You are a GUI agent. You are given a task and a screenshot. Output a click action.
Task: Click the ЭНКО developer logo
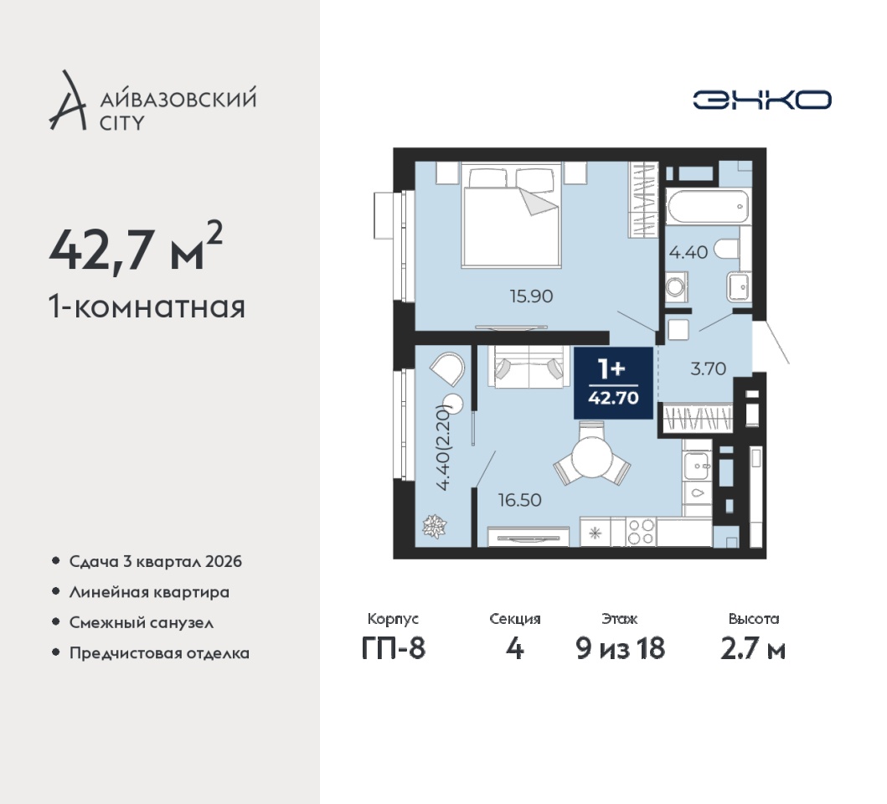(762, 100)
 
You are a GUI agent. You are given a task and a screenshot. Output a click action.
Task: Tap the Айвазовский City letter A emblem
(67, 100)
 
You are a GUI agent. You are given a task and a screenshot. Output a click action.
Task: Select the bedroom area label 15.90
(531, 296)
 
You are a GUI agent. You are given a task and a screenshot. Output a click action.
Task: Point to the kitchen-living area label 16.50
(519, 500)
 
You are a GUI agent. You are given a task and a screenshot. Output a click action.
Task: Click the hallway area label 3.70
(709, 368)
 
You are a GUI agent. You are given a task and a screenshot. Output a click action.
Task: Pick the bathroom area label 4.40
(688, 252)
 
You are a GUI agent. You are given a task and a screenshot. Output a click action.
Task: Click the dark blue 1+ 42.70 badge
(613, 383)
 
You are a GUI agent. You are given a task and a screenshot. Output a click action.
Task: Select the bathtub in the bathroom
(708, 207)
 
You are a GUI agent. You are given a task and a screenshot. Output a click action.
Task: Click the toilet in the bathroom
(726, 250)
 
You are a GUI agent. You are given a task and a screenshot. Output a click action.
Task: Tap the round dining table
(591, 458)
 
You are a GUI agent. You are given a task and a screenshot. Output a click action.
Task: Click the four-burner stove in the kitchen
(641, 532)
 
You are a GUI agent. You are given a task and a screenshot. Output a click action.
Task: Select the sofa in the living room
(529, 366)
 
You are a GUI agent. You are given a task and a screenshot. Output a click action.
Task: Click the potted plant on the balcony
(435, 527)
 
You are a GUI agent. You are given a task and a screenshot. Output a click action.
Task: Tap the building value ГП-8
(393, 648)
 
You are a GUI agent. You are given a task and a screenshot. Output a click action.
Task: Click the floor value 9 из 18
(620, 648)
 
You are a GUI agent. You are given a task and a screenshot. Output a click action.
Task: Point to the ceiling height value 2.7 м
(753, 648)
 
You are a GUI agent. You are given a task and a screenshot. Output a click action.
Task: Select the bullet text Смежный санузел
(142, 622)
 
